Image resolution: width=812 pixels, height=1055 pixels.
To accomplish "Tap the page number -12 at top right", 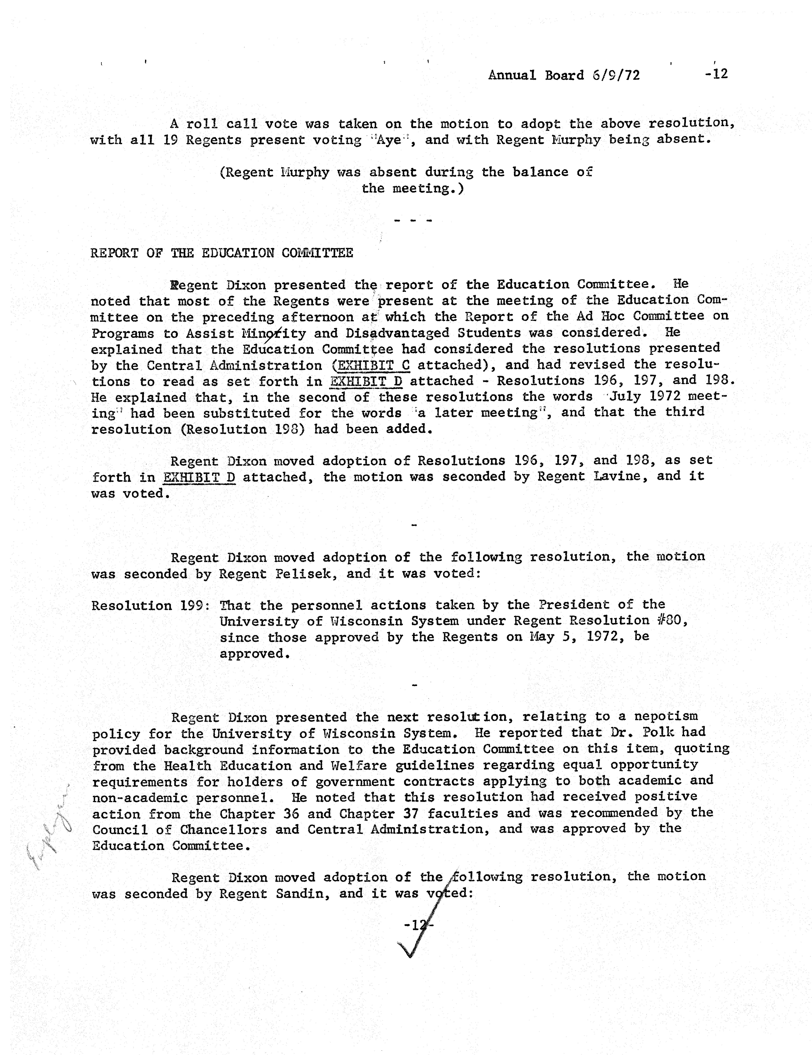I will [x=716, y=74].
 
